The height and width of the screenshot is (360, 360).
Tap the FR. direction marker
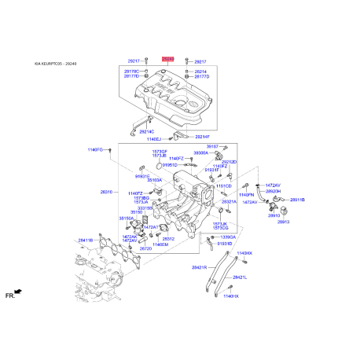(x=13, y=295)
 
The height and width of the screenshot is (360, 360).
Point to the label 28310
(x=106, y=191)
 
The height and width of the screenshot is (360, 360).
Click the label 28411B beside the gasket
(x=85, y=240)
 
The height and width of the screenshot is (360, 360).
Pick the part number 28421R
(x=198, y=267)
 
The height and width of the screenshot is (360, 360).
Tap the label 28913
(x=283, y=222)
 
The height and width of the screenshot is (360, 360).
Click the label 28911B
(x=296, y=200)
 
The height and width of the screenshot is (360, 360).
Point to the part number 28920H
(x=273, y=191)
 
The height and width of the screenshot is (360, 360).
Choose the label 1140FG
(x=95, y=149)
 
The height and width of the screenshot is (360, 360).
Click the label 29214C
(x=147, y=130)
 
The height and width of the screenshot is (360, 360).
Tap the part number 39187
(x=212, y=146)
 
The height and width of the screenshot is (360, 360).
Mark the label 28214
(x=200, y=72)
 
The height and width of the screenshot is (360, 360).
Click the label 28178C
(x=131, y=72)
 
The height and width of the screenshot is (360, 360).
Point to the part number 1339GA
(x=228, y=237)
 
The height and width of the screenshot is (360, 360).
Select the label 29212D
(x=229, y=161)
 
